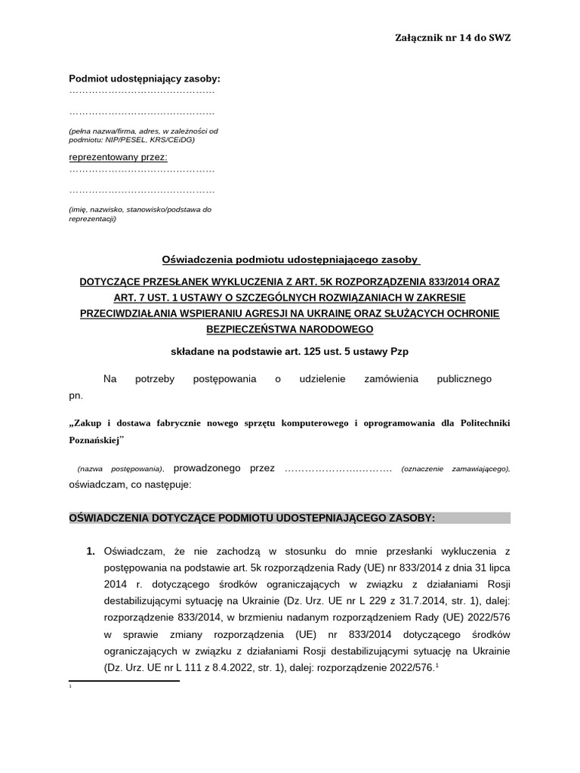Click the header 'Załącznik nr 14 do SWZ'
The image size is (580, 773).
pos(452,38)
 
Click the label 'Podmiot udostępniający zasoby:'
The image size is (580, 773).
pos(144,79)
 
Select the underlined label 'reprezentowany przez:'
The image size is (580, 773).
pos(119,157)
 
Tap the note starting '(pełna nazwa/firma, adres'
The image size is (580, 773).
pos(143,131)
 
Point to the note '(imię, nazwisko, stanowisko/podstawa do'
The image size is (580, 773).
pos(140,209)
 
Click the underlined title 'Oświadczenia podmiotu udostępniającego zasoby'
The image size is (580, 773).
pos(291,260)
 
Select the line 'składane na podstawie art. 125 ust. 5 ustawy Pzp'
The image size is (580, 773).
pos(290,351)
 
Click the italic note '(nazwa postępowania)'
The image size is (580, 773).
pos(120,469)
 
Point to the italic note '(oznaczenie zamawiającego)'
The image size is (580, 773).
pos(455,469)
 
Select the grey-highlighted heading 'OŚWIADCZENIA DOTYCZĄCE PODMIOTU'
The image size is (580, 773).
pos(251,518)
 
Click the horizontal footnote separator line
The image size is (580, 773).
pos(125,681)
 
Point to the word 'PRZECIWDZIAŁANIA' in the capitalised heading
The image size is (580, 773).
pos(133,313)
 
